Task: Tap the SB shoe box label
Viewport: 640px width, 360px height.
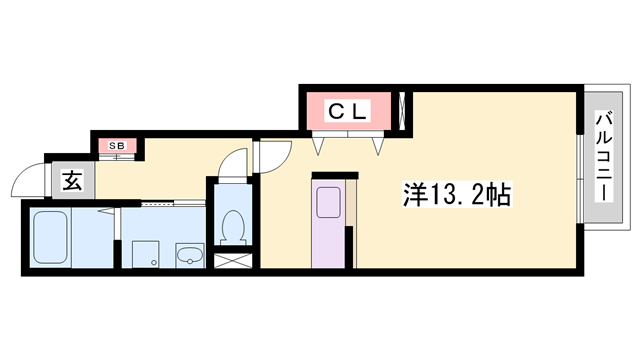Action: tap(117, 146)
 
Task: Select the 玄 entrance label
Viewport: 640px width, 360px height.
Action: tap(72, 181)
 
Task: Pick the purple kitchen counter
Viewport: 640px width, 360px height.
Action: tap(329, 230)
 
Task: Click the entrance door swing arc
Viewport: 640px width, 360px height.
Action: tap(28, 180)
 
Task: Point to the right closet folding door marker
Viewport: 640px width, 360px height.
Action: tap(379, 144)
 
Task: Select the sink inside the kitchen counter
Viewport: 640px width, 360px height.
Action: tap(329, 203)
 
